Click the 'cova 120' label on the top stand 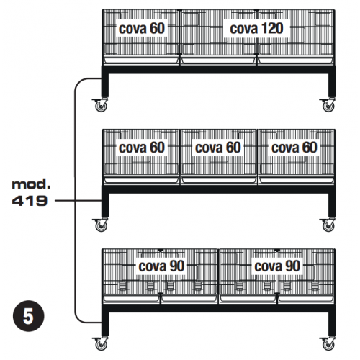click(x=256, y=28)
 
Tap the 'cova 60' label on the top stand click(x=142, y=28)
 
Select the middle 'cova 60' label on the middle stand click(x=218, y=148)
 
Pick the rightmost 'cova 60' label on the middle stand click(x=294, y=148)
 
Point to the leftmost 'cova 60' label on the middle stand click(x=142, y=148)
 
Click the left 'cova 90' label click(x=161, y=266)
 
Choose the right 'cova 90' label click(x=277, y=266)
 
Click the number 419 click(x=30, y=201)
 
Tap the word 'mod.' click(x=31, y=184)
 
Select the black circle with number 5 click(x=28, y=316)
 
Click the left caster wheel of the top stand click(x=101, y=105)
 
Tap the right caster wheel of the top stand click(x=328, y=105)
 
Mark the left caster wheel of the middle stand click(x=101, y=225)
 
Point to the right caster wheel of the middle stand click(x=328, y=225)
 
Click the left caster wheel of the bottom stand click(x=101, y=344)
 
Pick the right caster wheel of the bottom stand click(x=328, y=344)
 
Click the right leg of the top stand click(x=332, y=85)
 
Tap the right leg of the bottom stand click(x=332, y=324)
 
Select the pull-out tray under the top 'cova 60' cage click(x=141, y=60)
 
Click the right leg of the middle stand click(x=332, y=205)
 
